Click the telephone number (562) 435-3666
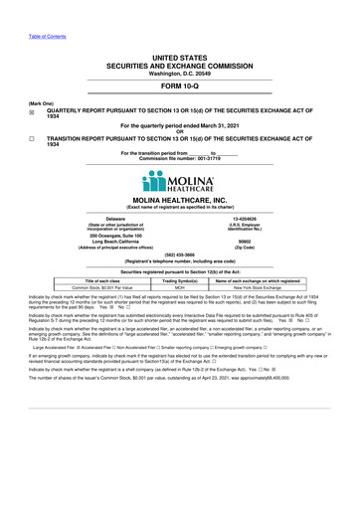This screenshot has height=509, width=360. (179, 254)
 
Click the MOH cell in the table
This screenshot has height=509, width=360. (180, 286)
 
